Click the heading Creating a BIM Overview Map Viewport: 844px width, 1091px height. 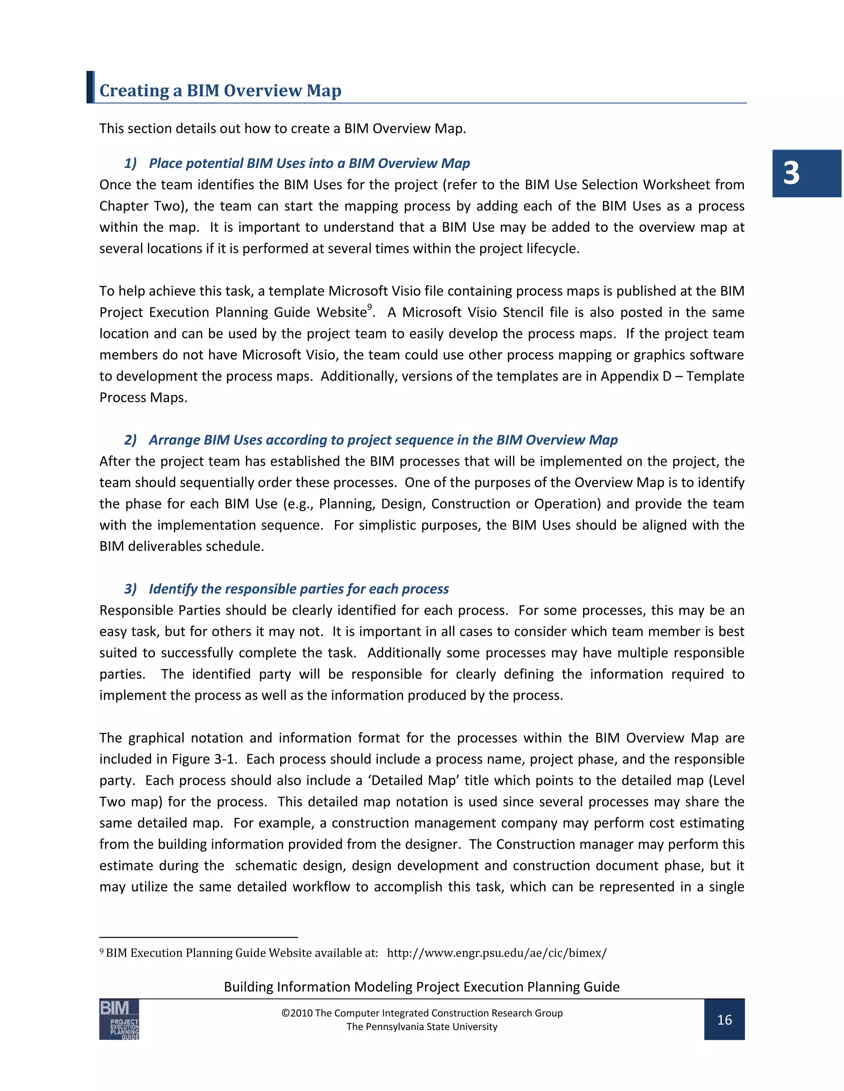tap(220, 91)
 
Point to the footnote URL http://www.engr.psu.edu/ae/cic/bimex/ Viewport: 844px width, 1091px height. tap(497, 953)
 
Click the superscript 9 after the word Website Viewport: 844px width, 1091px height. tap(370, 307)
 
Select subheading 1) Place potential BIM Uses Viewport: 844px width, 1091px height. tap(297, 163)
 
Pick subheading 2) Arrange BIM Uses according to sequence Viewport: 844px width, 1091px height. tap(370, 440)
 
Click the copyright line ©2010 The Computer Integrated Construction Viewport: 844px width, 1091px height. tap(422, 1013)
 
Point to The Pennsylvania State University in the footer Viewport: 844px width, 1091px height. tap(422, 1026)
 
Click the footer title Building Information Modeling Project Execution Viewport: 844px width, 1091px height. tap(422, 986)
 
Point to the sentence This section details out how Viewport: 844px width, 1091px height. tap(282, 128)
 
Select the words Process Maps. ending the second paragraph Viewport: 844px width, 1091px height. tap(143, 397)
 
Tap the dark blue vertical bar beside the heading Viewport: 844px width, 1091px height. tap(90, 87)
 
